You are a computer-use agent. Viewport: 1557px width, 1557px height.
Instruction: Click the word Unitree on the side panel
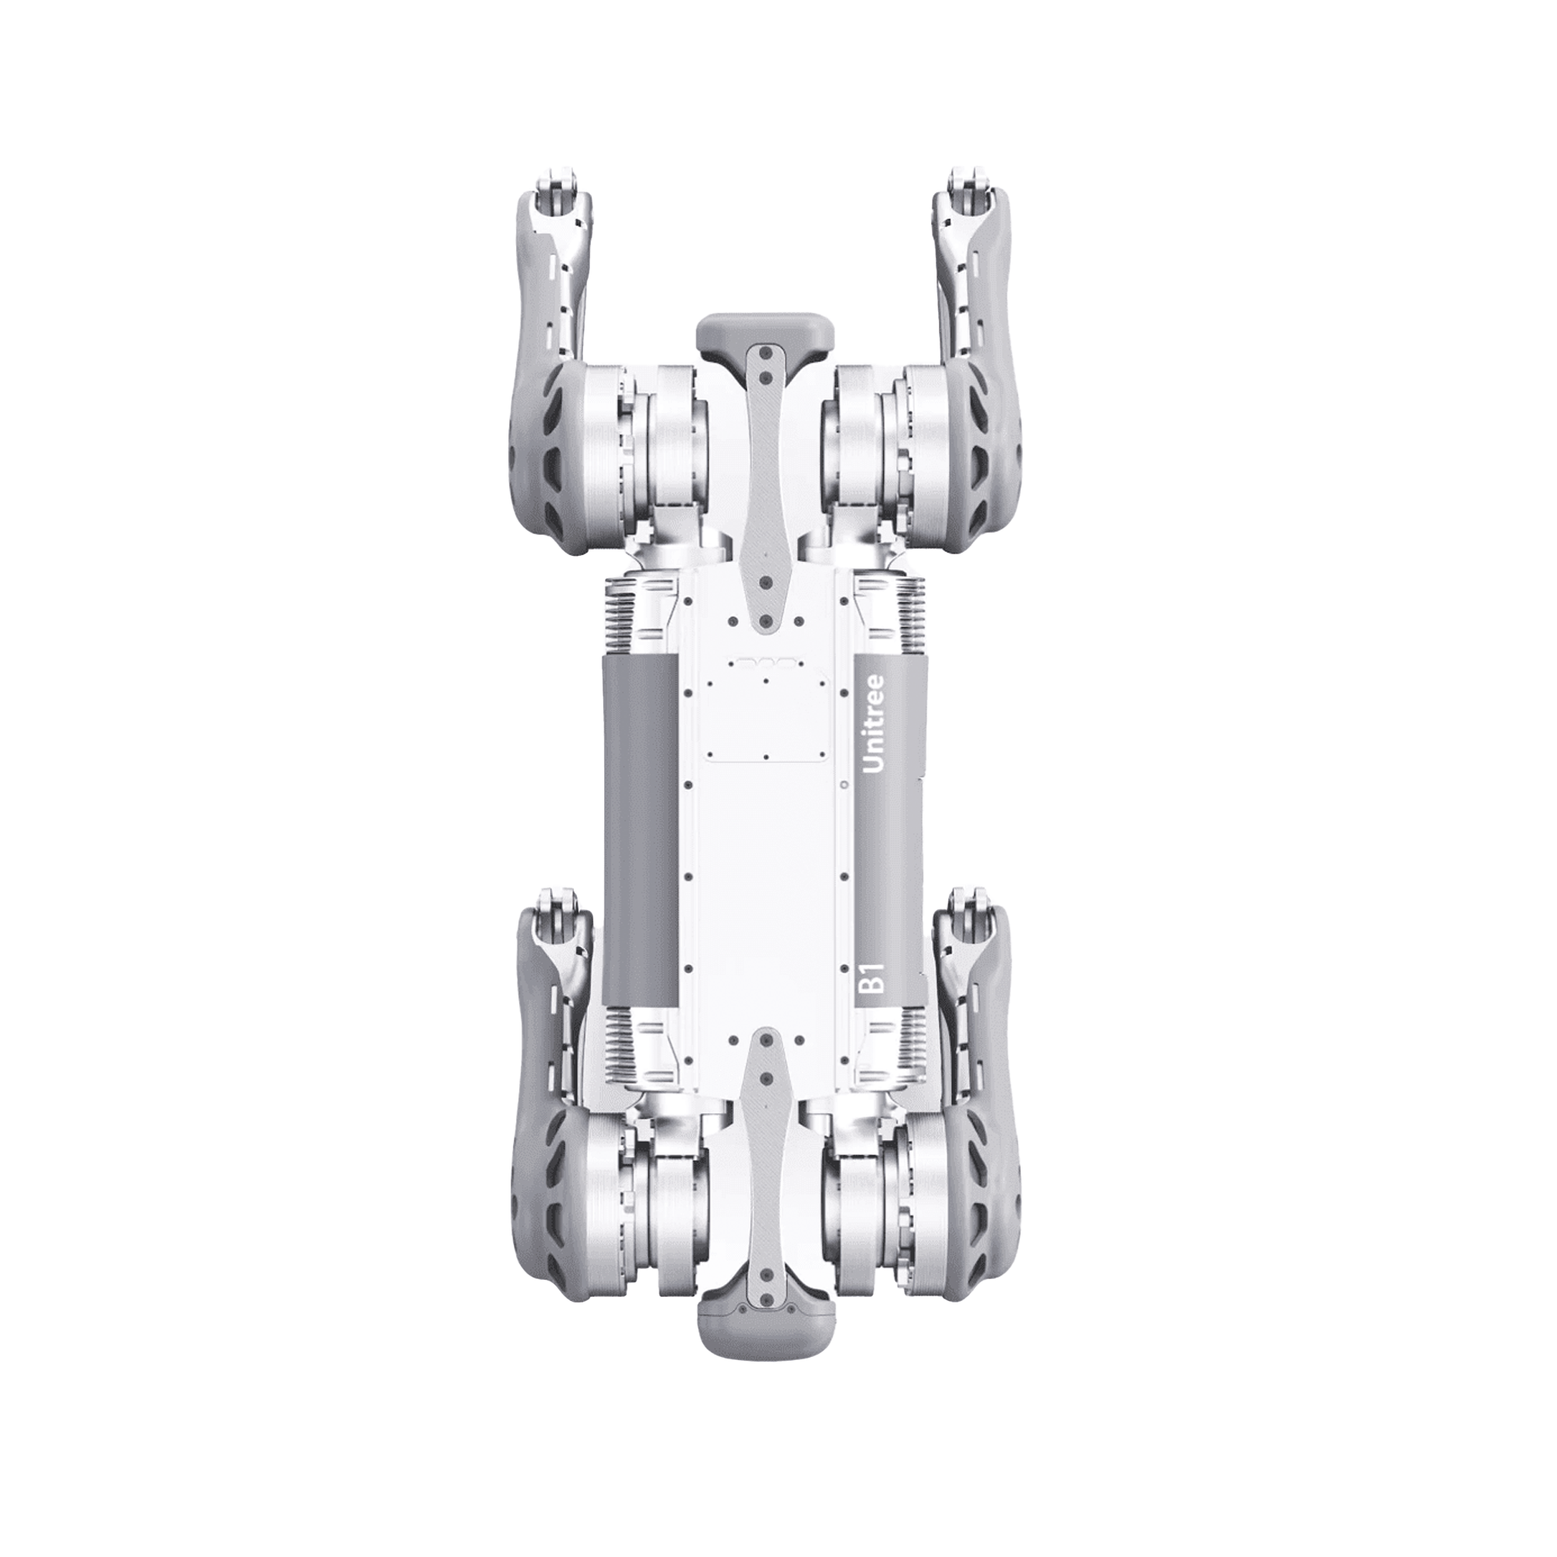(x=875, y=725)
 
